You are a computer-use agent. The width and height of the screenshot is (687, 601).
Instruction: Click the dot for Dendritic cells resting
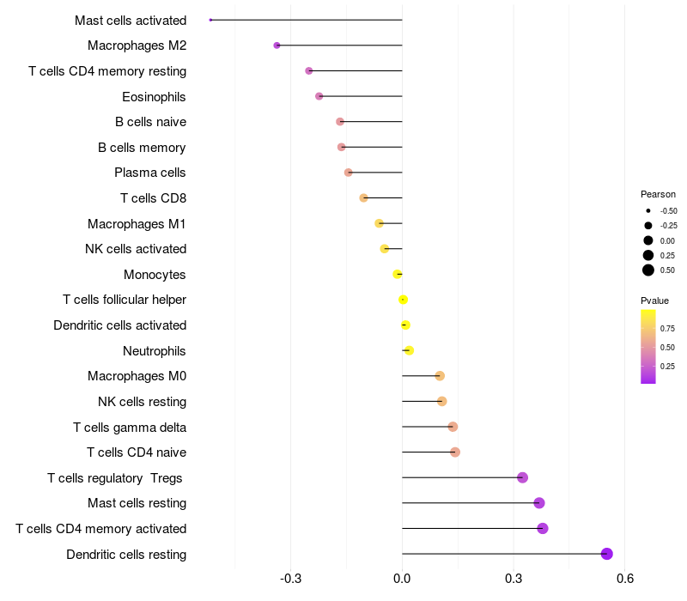click(x=607, y=554)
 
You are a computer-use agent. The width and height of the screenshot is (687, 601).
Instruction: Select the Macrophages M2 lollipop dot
click(x=277, y=46)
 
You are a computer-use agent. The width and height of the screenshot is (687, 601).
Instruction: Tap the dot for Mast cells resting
click(x=539, y=503)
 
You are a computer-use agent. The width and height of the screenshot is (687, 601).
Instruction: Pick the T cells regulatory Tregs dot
click(x=522, y=477)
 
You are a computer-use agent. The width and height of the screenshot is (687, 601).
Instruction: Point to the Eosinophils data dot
click(x=319, y=96)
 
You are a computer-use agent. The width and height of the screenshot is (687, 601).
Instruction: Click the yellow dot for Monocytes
click(x=397, y=274)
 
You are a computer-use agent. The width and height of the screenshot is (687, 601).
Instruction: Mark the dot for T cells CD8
click(x=363, y=198)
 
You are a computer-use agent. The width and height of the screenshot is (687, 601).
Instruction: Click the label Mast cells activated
click(x=131, y=20)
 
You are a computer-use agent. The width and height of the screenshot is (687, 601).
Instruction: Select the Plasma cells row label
click(x=150, y=173)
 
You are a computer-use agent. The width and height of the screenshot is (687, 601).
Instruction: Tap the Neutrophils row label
click(x=155, y=350)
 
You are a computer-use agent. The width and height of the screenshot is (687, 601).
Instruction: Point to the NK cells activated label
click(x=136, y=249)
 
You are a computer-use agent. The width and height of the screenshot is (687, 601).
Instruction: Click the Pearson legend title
click(x=658, y=194)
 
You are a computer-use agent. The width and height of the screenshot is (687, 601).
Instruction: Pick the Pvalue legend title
click(x=654, y=300)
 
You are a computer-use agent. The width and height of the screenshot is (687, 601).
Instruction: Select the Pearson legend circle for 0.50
click(x=648, y=270)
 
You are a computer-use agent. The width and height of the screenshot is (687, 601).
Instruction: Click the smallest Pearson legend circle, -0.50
click(x=648, y=210)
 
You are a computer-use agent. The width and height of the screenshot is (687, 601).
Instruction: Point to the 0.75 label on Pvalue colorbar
click(x=667, y=328)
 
